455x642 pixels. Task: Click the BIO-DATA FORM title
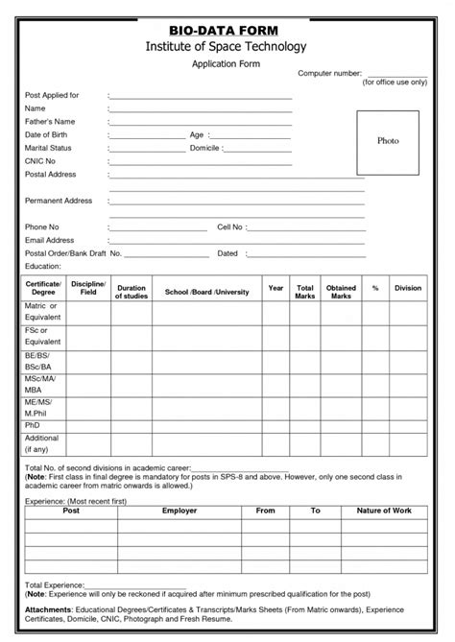(226, 31)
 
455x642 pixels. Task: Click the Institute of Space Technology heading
(226, 46)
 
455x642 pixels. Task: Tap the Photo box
(388, 141)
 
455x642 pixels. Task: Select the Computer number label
(329, 73)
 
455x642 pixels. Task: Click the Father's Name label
(50, 122)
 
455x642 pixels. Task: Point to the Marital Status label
(48, 149)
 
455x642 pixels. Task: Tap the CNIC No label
(41, 161)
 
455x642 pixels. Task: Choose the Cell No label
(230, 227)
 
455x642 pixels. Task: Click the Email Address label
(50, 240)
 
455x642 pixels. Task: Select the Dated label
(227, 253)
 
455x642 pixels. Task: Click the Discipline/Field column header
(89, 289)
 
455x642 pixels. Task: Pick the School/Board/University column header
(206, 292)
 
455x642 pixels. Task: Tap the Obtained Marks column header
(341, 292)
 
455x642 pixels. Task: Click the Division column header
(408, 288)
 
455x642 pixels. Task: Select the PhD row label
(33, 424)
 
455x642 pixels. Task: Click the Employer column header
(180, 511)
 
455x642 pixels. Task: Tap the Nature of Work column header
(384, 511)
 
